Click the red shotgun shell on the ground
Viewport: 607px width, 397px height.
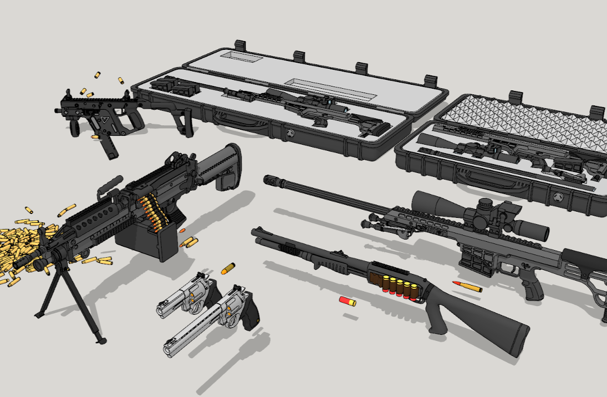348,301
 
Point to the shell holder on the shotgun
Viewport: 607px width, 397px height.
399,285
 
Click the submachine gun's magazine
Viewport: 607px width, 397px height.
108,146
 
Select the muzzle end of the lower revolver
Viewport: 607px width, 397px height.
168,349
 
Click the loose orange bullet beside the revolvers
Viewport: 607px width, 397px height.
228,269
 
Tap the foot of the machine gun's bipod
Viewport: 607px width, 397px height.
101,339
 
